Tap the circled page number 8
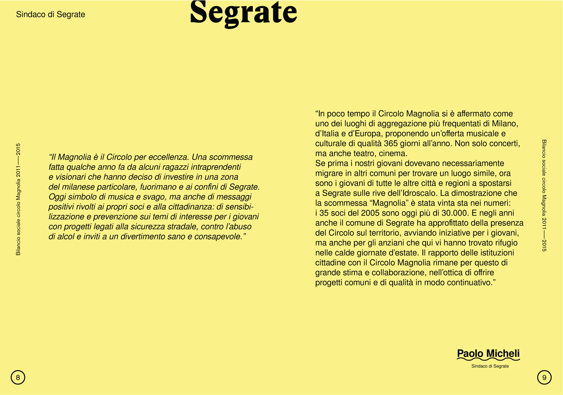point(18,377)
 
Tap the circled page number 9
point(544,377)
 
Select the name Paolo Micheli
point(488,353)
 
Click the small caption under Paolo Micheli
point(490,366)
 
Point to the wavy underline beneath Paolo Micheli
point(488,359)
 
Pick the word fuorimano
point(158,187)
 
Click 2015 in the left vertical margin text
point(18,149)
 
